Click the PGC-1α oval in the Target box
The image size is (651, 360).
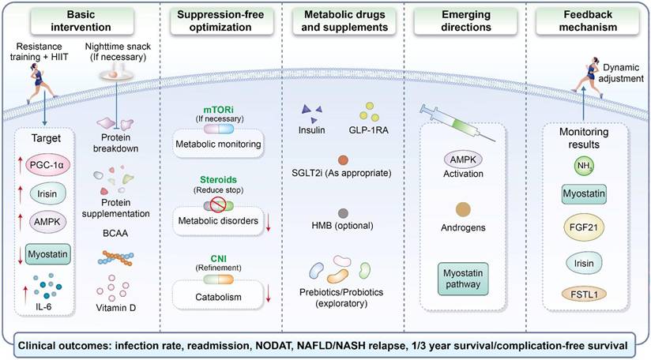click(x=47, y=164)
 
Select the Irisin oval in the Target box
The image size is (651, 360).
click(x=47, y=193)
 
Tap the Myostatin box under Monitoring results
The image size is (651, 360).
click(x=584, y=193)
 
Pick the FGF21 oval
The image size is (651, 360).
click(x=584, y=227)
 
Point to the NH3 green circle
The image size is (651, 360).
click(x=584, y=166)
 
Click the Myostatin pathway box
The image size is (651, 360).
click(x=463, y=279)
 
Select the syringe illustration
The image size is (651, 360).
click(x=457, y=123)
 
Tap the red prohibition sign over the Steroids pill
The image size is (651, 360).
click(x=218, y=204)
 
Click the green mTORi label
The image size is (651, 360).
click(x=218, y=111)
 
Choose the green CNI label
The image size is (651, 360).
click(x=218, y=259)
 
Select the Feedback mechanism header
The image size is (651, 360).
click(x=588, y=21)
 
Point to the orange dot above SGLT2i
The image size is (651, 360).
click(x=343, y=159)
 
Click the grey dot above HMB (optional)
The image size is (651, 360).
click(x=343, y=214)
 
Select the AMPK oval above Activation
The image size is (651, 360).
click(x=463, y=159)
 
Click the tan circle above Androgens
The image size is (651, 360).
click(x=463, y=210)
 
